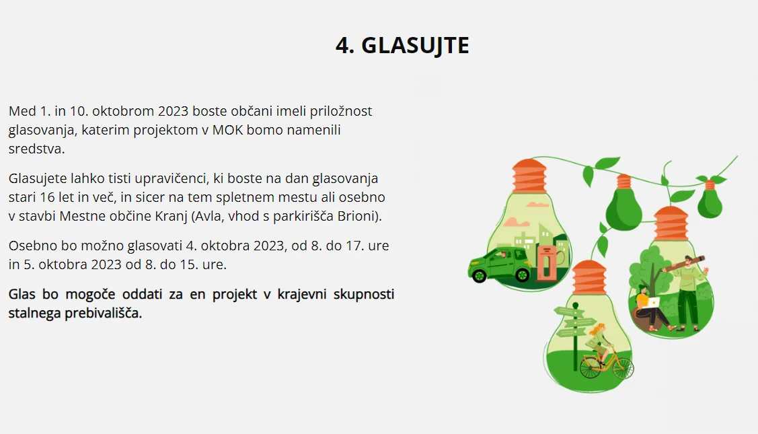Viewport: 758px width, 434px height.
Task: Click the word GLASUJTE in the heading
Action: [415, 46]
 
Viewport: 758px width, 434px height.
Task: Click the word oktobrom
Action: [123, 111]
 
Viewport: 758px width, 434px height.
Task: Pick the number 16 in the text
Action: [47, 197]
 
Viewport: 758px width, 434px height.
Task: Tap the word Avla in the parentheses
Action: [208, 216]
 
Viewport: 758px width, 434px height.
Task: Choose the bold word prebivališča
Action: [102, 313]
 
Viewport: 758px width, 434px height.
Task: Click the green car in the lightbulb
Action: [499, 265]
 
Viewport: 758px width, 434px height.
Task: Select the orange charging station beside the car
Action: [546, 264]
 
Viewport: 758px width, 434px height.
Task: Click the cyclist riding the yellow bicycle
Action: [599, 343]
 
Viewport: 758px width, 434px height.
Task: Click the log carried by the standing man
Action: [685, 262]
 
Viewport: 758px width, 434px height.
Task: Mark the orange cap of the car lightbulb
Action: [529, 176]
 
